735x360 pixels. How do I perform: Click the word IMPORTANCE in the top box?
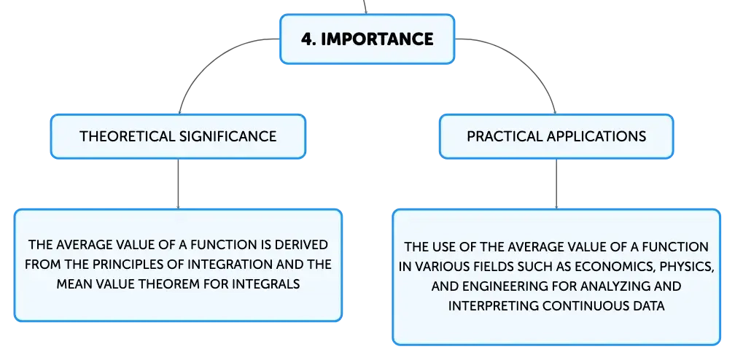[378, 39]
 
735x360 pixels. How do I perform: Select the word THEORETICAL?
[128, 136]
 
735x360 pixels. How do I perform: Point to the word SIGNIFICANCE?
[228, 136]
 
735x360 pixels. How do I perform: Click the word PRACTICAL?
[505, 136]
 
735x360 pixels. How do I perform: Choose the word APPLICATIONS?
[596, 136]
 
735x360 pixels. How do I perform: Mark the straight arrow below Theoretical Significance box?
[178, 184]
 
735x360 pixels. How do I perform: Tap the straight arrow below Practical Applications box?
[556, 184]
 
